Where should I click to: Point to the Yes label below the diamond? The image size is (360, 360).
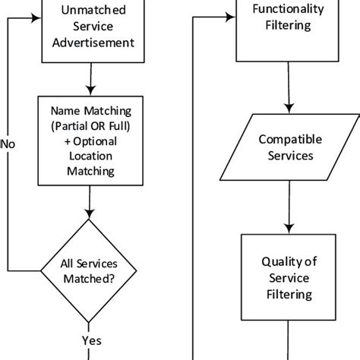pyautogui.click(x=91, y=339)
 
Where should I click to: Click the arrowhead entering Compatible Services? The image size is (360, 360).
pyautogui.click(x=288, y=108)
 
